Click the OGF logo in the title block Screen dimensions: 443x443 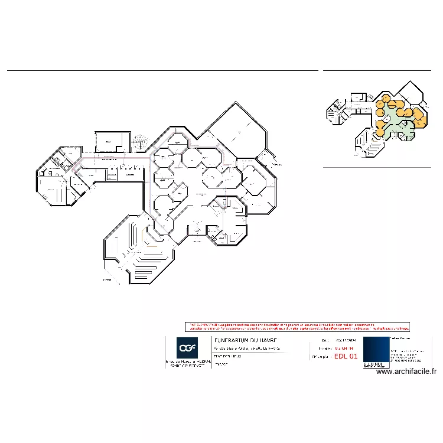click(x=187, y=347)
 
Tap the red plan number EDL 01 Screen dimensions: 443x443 click(x=346, y=357)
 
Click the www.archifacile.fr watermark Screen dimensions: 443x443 click(x=406, y=372)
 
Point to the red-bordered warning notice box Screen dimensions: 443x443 click(x=297, y=326)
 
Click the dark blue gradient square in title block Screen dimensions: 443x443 click(x=376, y=352)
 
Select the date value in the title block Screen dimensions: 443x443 click(x=344, y=341)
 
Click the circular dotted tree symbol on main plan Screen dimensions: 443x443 click(x=139, y=142)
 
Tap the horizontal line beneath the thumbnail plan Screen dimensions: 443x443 click(x=377, y=168)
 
